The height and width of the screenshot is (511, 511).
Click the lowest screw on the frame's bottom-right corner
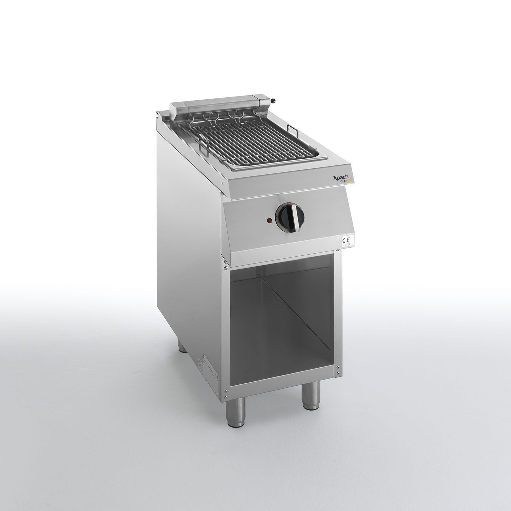pyautogui.click(x=338, y=374)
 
